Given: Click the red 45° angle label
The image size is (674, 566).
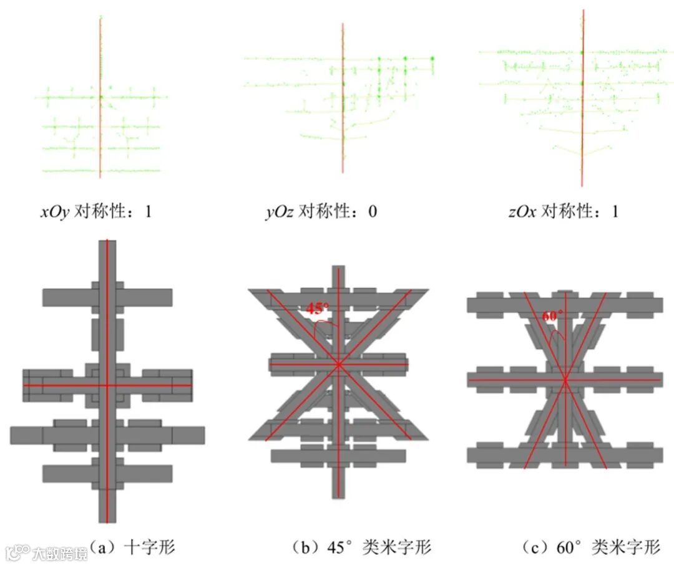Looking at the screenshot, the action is click(317, 308).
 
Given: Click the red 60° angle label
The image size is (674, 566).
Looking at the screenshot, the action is click(549, 316).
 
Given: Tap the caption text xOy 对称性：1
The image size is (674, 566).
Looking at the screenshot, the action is click(96, 212).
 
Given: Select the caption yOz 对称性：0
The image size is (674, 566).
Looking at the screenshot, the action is click(321, 212).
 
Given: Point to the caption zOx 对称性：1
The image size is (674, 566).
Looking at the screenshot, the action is click(563, 212).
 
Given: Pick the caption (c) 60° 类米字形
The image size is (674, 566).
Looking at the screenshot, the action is click(590, 548).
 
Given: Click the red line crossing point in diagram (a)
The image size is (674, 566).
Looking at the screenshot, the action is click(107, 385).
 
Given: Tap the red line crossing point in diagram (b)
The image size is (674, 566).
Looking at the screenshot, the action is click(338, 364).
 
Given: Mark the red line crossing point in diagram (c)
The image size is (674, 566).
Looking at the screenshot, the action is click(565, 380).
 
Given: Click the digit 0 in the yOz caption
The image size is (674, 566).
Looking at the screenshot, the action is click(373, 212).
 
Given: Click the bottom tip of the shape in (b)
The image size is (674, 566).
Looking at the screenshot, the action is click(338, 497).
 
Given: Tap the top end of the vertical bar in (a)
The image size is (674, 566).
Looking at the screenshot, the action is click(107, 241).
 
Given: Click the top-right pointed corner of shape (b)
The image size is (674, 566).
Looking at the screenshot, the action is click(427, 291).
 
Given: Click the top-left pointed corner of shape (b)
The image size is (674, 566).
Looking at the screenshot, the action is click(250, 291).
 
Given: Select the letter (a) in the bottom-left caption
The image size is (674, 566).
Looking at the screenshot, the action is click(100, 548).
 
